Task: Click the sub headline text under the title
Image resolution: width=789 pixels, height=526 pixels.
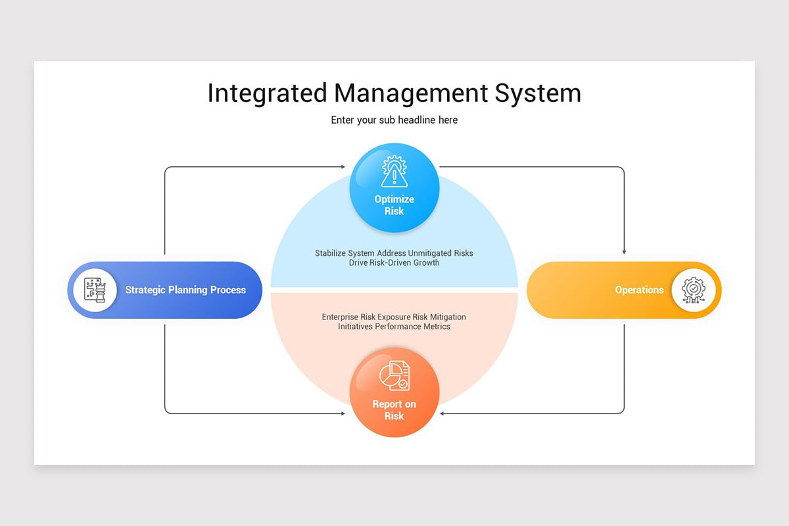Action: point(394,120)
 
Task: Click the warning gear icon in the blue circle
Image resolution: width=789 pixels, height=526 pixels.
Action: point(394,172)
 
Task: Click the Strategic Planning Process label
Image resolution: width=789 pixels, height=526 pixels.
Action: point(185,290)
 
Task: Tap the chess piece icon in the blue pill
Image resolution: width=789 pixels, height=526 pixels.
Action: point(95,290)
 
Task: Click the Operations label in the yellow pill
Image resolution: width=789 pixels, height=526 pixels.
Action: point(639,290)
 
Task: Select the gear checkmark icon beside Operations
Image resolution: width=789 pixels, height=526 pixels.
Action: point(694,290)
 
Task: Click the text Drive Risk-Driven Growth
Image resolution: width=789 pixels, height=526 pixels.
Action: point(394,263)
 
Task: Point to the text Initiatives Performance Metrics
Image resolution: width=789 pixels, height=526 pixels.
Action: point(394,327)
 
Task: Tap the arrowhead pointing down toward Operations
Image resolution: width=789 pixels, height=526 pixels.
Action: point(624,252)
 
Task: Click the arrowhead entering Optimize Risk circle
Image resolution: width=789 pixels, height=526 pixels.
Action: point(343,167)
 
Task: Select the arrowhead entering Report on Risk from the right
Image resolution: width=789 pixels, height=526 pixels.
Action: point(442,414)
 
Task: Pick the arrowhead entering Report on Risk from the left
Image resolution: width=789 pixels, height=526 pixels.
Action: point(343,414)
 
